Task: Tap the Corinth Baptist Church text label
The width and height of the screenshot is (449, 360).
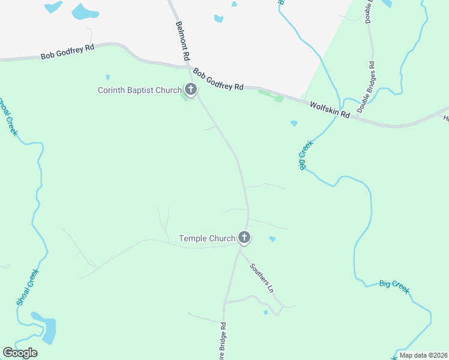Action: click(140, 91)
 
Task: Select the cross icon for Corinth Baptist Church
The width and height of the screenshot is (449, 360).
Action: click(191, 90)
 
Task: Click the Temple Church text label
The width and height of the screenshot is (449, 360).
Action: click(207, 238)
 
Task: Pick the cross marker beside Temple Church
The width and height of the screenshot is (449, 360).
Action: click(244, 238)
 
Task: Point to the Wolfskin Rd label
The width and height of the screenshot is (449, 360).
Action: click(330, 109)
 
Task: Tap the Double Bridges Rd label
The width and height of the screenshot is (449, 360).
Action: click(366, 88)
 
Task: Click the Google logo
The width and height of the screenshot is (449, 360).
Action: click(20, 353)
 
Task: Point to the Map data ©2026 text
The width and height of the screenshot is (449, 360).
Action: click(423, 355)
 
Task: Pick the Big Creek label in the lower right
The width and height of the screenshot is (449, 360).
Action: click(394, 286)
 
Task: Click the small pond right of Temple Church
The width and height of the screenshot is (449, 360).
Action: click(273, 239)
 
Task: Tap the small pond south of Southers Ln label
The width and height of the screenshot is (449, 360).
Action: click(265, 312)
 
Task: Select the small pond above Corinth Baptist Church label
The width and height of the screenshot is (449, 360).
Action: click(107, 77)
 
